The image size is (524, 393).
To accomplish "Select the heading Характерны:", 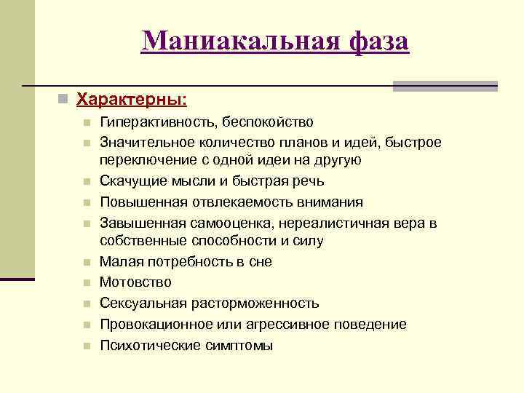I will [131, 98].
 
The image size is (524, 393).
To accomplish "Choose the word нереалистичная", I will [311, 223].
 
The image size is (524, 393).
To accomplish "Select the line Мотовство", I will [135, 282].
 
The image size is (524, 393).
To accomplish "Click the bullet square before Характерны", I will [65, 98].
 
